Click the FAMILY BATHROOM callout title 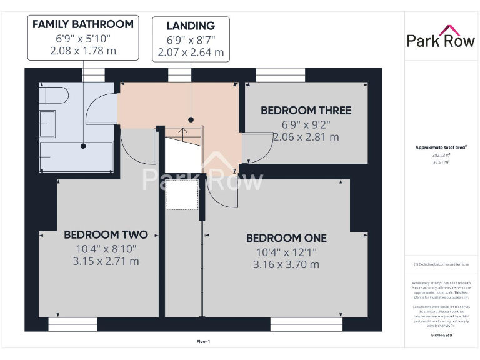(x=83, y=24)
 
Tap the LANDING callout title (x=191, y=26)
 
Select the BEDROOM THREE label (x=306, y=111)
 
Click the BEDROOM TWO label (x=106, y=235)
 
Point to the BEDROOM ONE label (x=286, y=238)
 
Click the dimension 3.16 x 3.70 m (x=286, y=264)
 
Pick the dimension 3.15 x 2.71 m (x=106, y=261)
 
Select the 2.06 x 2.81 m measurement (x=306, y=137)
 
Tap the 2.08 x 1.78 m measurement (x=83, y=51)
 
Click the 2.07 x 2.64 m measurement (x=191, y=52)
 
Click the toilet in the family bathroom (x=52, y=97)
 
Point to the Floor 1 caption (x=203, y=341)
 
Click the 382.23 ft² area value (x=441, y=155)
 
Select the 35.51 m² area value (x=441, y=162)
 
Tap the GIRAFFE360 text (x=441, y=336)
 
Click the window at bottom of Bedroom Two (x=73, y=324)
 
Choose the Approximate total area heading (x=441, y=147)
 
